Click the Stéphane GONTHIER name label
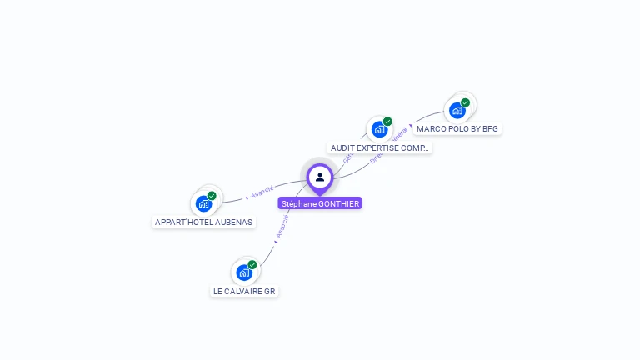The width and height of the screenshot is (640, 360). [x=320, y=203]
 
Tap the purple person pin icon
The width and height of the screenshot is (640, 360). [x=320, y=177]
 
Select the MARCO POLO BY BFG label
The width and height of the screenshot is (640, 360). [x=457, y=129]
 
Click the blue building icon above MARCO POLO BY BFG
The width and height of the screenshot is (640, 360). [x=457, y=110]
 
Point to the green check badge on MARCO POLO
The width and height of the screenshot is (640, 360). [x=465, y=102]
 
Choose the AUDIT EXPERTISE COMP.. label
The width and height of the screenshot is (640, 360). [x=379, y=147]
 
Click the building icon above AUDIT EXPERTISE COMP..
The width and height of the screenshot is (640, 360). [x=379, y=129]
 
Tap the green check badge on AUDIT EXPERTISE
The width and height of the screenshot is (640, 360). [x=387, y=122]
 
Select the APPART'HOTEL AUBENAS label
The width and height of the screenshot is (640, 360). [x=204, y=222]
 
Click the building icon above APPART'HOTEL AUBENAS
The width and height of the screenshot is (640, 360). [x=203, y=203]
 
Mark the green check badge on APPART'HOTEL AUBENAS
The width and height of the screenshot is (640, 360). [x=212, y=196]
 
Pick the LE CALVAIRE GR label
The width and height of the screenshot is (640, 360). [x=243, y=291]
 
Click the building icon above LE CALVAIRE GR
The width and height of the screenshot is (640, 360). [x=243, y=272]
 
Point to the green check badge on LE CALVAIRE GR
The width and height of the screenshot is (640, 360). [x=252, y=265]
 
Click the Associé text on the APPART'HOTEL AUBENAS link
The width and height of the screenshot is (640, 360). [x=262, y=192]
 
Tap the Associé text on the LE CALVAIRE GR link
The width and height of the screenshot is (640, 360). [x=282, y=227]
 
